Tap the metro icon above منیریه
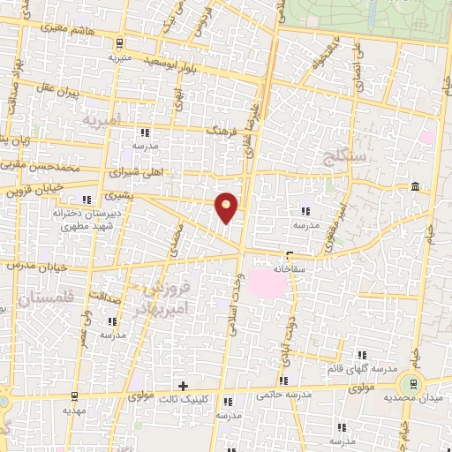(119, 42)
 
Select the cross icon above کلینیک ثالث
(183, 386)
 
